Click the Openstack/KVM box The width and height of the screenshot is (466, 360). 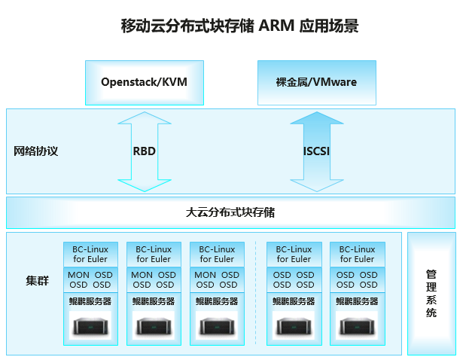coord(144,82)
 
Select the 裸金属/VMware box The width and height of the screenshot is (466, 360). coord(317,82)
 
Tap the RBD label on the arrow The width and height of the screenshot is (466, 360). coord(145,151)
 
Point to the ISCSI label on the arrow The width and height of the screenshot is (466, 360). coord(317,151)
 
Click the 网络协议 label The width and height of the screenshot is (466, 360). coord(35,151)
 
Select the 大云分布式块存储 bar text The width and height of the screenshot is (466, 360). coord(230,212)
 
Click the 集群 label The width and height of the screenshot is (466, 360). coord(37,281)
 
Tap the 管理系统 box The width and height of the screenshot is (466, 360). coord(431,293)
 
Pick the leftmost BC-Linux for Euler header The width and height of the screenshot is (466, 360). coord(90,255)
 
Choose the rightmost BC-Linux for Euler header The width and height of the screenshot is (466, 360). coord(357,255)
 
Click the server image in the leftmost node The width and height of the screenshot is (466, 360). coord(90,326)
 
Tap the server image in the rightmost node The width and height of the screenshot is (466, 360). coord(357,326)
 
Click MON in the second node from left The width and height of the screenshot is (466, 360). coord(142,276)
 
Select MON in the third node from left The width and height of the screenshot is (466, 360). coord(205,276)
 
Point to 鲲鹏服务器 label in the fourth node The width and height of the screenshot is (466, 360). coord(294,301)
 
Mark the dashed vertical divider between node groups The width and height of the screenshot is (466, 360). coord(256,294)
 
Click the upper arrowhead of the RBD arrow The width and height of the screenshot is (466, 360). coord(145,119)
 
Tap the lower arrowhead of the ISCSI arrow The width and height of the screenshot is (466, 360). coord(317,185)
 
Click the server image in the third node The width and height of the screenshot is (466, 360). coord(217,326)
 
